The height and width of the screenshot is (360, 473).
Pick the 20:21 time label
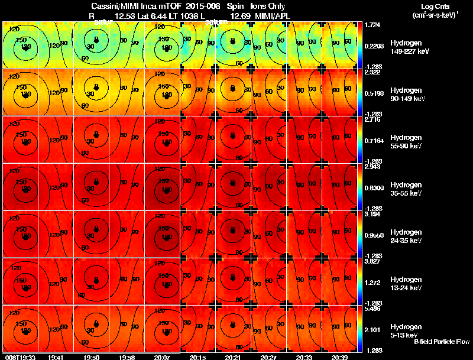click(x=232, y=356)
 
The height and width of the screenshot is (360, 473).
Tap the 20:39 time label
click(x=340, y=356)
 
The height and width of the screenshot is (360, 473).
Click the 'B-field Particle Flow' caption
click(x=442, y=342)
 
